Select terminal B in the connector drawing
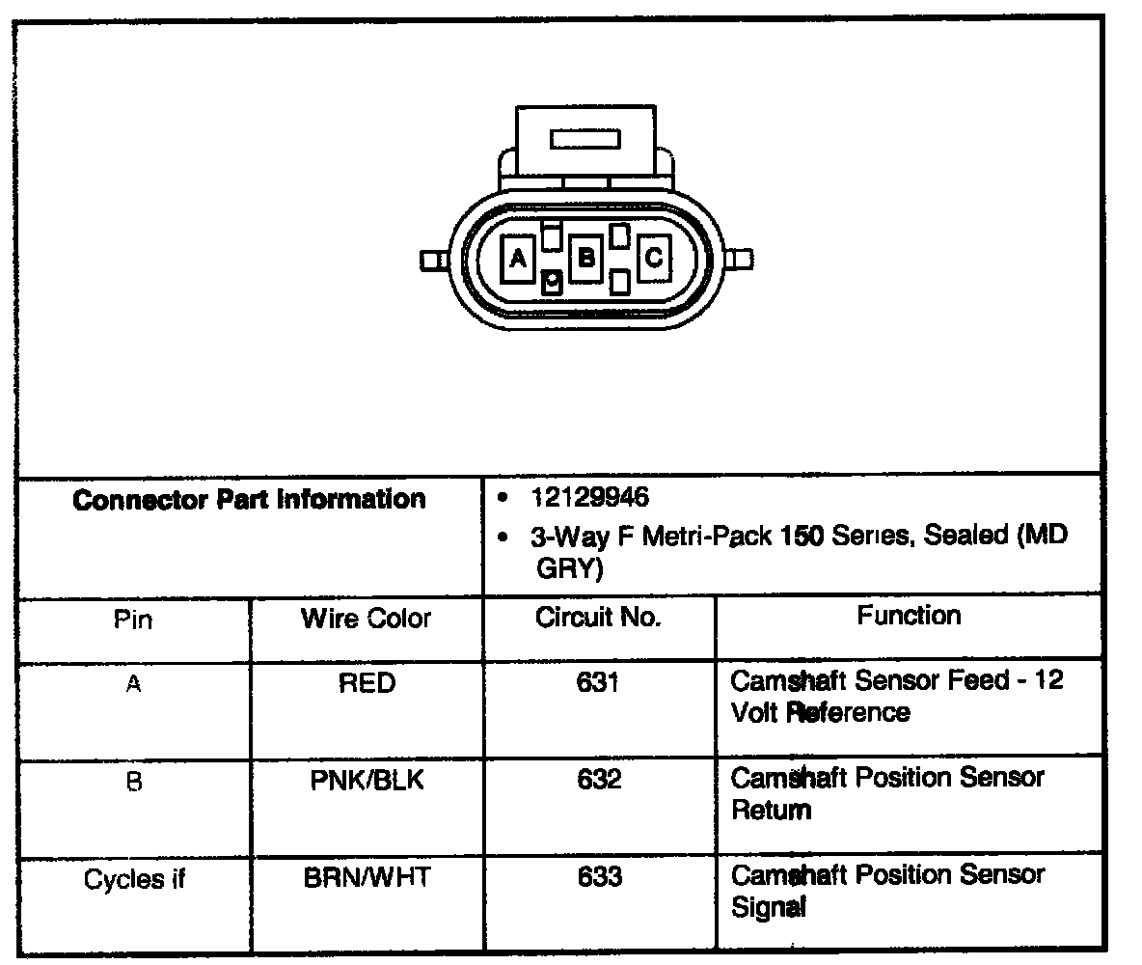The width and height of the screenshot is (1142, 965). pyautogui.click(x=585, y=258)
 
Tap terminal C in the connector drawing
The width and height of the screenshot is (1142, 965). pyautogui.click(x=653, y=258)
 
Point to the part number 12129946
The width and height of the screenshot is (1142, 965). pyautogui.click(x=589, y=498)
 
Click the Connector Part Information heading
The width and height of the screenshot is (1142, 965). pyautogui.click(x=249, y=500)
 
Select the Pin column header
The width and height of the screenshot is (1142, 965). pyautogui.click(x=133, y=620)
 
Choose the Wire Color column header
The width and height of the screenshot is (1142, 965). pyautogui.click(x=367, y=619)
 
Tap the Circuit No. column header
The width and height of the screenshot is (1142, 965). pyautogui.click(x=599, y=618)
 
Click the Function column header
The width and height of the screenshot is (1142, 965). pyautogui.click(x=909, y=616)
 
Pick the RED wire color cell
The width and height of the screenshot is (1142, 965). pyautogui.click(x=367, y=684)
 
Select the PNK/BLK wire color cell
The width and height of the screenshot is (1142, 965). pyautogui.click(x=367, y=780)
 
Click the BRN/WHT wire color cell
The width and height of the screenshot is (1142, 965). pyautogui.click(x=367, y=878)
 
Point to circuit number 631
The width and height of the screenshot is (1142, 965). pyautogui.click(x=599, y=683)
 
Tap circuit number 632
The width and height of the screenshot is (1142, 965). pyautogui.click(x=599, y=780)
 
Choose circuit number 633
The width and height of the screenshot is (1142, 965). pyautogui.click(x=599, y=877)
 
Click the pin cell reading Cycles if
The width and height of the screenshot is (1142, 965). pyautogui.click(x=134, y=879)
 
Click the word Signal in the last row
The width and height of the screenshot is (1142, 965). pyautogui.click(x=769, y=907)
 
